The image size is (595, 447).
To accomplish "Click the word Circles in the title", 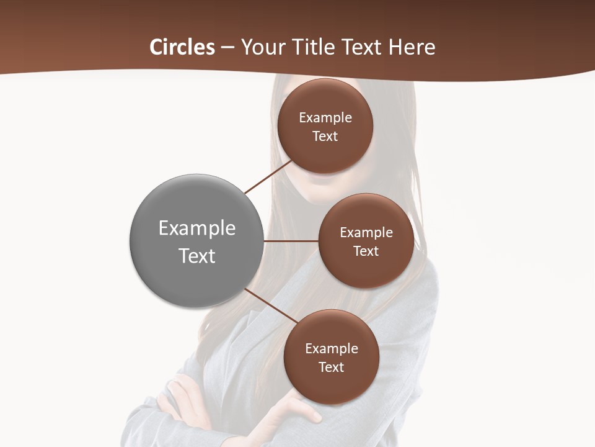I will coord(182,47).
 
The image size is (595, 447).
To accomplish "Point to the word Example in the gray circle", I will coord(196,228).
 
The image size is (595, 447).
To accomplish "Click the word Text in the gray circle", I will coord(196,256).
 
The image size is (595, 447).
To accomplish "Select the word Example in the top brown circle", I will coord(325,118).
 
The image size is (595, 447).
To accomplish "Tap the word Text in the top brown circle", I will coord(325,137).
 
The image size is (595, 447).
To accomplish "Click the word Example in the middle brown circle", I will coord(366,233).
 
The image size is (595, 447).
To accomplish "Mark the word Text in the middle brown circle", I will coord(366,251).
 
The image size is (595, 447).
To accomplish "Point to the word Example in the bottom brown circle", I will coord(332,349).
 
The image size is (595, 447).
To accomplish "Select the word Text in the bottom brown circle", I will coord(331,368).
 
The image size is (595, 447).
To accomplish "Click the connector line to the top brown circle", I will coord(268,176).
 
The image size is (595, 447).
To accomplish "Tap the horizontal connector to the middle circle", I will coord(291,241).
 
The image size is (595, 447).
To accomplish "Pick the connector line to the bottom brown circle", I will coord(271,306).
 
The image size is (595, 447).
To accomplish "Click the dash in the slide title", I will coord(227,48).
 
